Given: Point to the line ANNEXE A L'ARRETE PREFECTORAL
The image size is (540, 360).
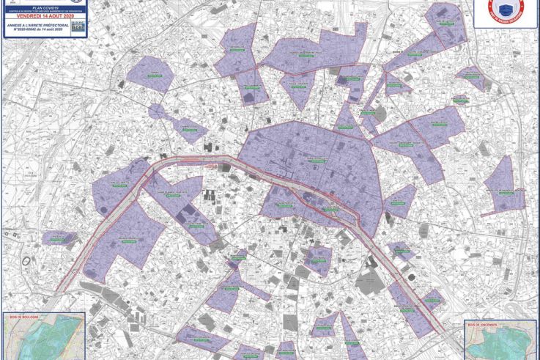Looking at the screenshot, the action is (37, 24).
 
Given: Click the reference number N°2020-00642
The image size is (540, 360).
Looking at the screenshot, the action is (32, 29).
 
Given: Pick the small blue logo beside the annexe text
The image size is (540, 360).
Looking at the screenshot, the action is (79, 26).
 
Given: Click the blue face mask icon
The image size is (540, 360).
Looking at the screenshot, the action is (506, 10).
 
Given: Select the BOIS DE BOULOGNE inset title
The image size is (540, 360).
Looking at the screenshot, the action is (26, 317).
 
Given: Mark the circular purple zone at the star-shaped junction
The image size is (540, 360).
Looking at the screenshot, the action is (157, 111).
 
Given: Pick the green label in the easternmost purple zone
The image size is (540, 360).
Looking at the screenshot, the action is (506, 191).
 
